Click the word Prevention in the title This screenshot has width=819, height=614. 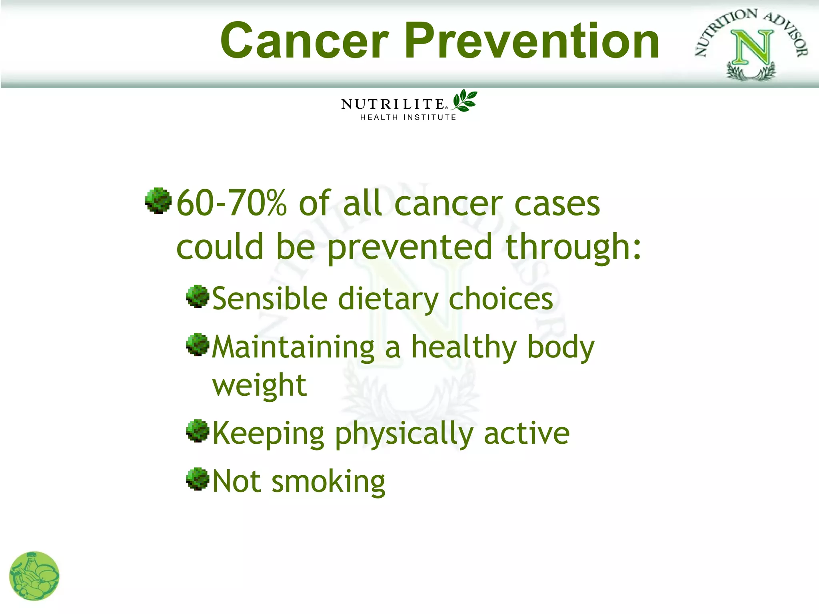pyautogui.click(x=532, y=41)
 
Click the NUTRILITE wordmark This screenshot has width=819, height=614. pyautogui.click(x=393, y=104)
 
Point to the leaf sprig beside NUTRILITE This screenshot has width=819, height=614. pyautogui.click(x=465, y=100)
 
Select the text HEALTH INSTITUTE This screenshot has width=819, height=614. pyautogui.click(x=408, y=118)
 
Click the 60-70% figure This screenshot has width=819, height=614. pyautogui.click(x=232, y=203)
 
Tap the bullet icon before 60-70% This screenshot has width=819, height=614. pyautogui.click(x=158, y=200)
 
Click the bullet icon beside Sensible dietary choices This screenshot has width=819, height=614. pyautogui.click(x=198, y=296)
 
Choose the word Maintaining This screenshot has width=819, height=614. pyautogui.click(x=293, y=347)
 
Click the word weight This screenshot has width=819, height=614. pyautogui.click(x=259, y=386)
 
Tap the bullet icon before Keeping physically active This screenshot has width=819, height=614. pyautogui.click(x=198, y=431)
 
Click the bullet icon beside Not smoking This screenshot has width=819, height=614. pyautogui.click(x=198, y=479)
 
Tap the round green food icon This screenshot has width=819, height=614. pyautogui.click(x=34, y=576)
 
